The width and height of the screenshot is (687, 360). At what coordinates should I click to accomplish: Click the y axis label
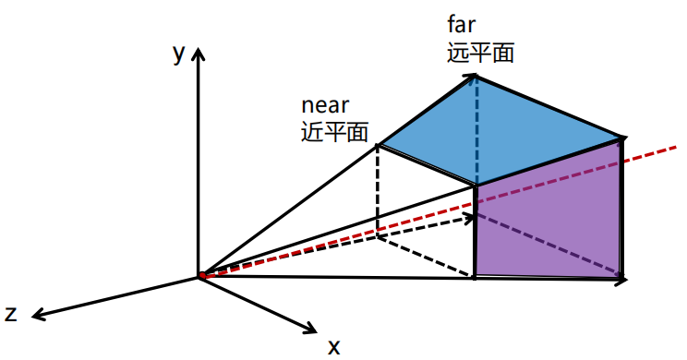coord(179,54)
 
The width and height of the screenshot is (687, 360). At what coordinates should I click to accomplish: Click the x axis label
coord(334,347)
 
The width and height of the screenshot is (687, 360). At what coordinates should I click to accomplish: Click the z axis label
coord(11,314)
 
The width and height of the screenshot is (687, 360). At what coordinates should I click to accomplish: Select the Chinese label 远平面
coord(480,53)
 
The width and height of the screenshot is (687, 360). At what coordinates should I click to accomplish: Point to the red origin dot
coord(201,276)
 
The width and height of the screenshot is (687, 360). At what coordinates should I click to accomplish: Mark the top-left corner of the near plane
coord(378,145)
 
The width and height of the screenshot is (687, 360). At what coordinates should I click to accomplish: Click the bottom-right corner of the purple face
coord(621,278)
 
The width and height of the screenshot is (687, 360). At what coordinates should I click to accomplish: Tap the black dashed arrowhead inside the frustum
coord(478,218)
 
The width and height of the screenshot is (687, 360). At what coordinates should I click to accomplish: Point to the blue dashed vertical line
coord(476,129)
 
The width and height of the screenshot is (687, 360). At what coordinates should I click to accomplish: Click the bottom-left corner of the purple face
coord(475,275)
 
